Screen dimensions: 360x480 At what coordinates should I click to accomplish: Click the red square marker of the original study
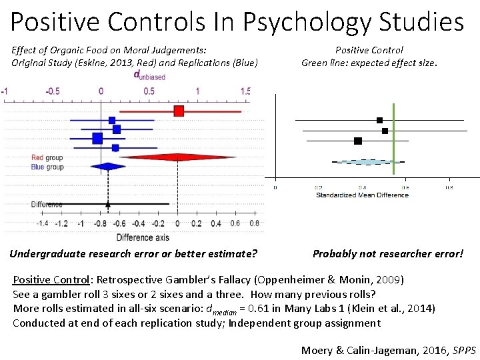179,111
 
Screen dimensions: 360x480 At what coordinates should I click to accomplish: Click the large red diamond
177,157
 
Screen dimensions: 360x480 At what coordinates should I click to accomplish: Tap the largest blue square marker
97,138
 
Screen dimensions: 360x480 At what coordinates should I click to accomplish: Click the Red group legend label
47,158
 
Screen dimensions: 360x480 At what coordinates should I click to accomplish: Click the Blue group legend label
47,167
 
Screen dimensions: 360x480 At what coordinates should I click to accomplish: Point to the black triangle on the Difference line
108,203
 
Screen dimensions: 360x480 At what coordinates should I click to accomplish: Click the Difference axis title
143,237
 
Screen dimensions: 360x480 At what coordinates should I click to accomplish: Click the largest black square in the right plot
358,141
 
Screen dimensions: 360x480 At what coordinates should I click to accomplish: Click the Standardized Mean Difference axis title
361,195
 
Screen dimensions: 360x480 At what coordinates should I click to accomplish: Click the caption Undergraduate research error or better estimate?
133,253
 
